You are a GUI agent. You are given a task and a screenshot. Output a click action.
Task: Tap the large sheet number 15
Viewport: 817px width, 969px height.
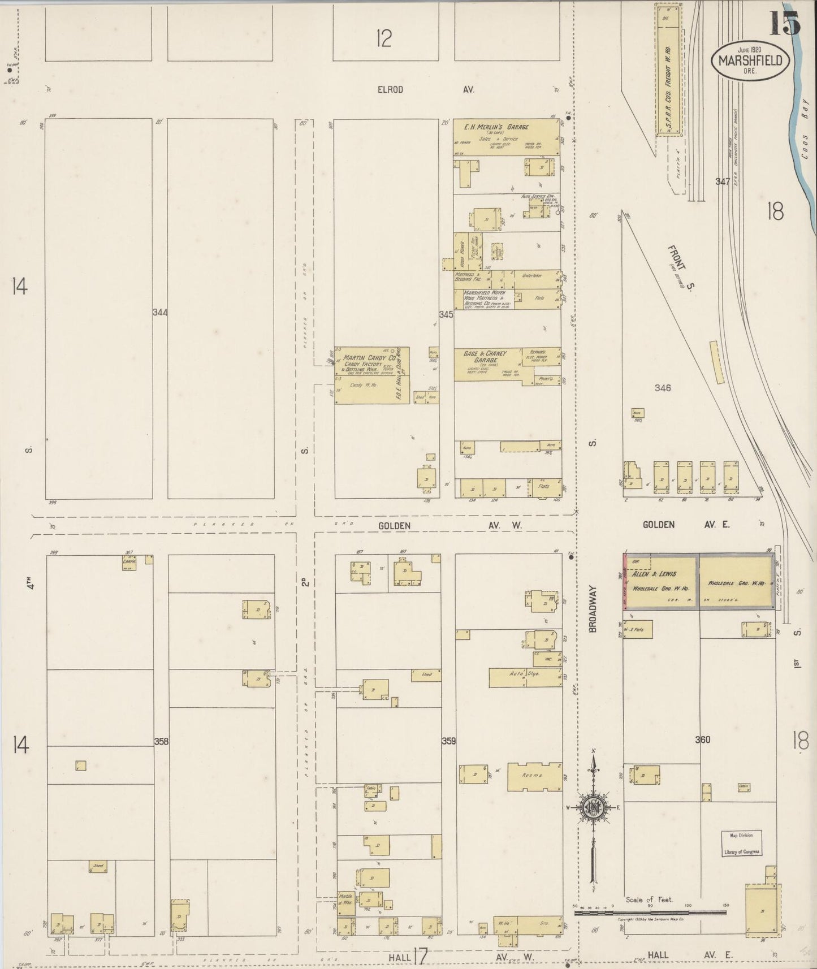[783, 23]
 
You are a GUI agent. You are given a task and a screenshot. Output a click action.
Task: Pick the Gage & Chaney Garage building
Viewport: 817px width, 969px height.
[498, 364]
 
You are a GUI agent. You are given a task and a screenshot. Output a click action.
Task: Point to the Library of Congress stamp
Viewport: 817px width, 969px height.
[741, 843]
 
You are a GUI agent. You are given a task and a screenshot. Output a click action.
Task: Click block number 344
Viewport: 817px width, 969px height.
[160, 312]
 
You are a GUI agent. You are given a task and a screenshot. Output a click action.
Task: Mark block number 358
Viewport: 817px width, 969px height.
[161, 741]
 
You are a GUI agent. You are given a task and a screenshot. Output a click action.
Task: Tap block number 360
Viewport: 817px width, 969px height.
[702, 739]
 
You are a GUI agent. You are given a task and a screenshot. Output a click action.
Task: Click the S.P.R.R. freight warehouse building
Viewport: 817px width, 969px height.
[669, 71]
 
